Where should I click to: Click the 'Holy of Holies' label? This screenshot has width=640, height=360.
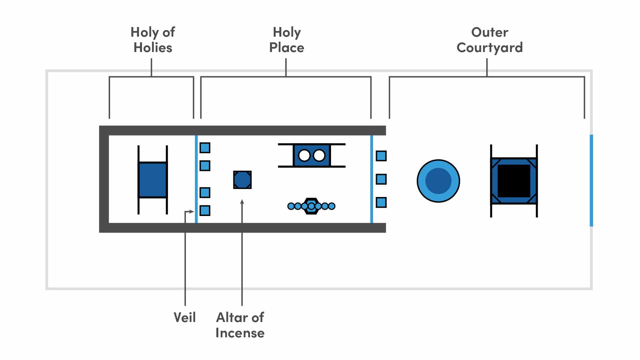[x=153, y=40]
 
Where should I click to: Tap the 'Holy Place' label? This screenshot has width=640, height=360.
[x=286, y=40]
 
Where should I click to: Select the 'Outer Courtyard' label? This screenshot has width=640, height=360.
[x=489, y=40]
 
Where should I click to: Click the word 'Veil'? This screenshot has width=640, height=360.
[x=185, y=317]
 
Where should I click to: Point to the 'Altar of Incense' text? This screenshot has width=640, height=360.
[x=240, y=325]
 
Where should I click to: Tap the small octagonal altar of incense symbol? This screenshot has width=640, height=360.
[x=242, y=180]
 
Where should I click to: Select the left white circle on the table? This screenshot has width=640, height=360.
[x=304, y=155]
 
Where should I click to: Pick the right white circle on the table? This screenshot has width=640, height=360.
[x=319, y=155]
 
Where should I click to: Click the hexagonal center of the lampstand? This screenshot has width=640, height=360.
[x=311, y=206]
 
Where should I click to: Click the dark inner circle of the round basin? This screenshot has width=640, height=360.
[x=438, y=181]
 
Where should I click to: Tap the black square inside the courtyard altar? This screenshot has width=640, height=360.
[x=514, y=181]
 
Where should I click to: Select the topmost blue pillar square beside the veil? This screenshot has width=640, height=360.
[x=205, y=148]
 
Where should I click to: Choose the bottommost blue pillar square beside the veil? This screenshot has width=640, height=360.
[x=205, y=211]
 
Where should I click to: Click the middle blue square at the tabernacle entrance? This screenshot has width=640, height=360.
[x=381, y=179]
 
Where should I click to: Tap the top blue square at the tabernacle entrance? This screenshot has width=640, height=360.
[x=381, y=156]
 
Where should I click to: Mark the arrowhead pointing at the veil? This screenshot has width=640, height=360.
[x=192, y=212]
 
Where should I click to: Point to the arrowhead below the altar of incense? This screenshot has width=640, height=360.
[x=242, y=202]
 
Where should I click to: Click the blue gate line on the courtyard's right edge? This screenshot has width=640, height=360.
[x=591, y=180]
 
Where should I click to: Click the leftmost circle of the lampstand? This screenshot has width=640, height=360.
[x=291, y=206]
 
